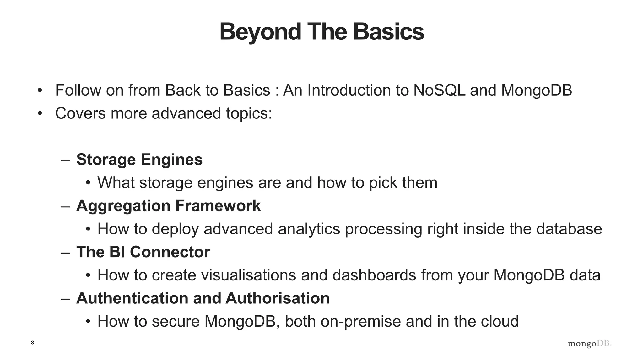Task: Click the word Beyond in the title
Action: tap(260, 32)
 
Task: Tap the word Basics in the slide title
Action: tap(388, 32)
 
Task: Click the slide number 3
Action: tap(32, 343)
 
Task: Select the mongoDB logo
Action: tap(589, 343)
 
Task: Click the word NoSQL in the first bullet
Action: tap(439, 90)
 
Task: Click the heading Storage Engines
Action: tap(139, 160)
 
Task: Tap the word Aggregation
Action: tap(123, 206)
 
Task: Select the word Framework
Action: tap(218, 206)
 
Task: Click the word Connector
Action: tap(170, 252)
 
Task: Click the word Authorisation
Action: tap(278, 298)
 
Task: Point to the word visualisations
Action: tap(248, 275)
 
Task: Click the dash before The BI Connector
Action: tap(66, 253)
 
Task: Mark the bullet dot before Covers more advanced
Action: tap(40, 113)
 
